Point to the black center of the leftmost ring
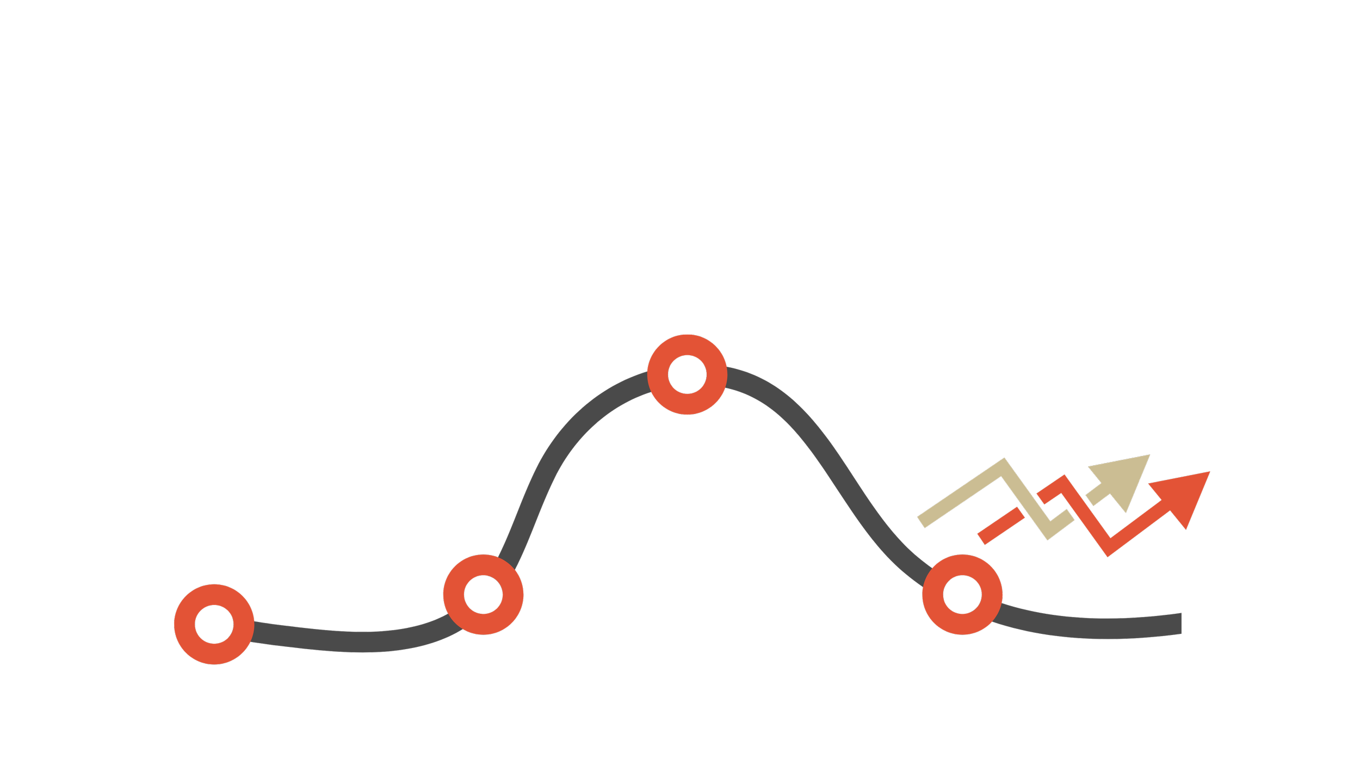coord(214,624)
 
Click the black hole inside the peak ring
coord(687,374)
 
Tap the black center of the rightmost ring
coord(962,595)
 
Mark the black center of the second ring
coord(483,595)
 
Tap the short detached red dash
coord(1001,526)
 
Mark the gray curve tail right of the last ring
coord(1088,628)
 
